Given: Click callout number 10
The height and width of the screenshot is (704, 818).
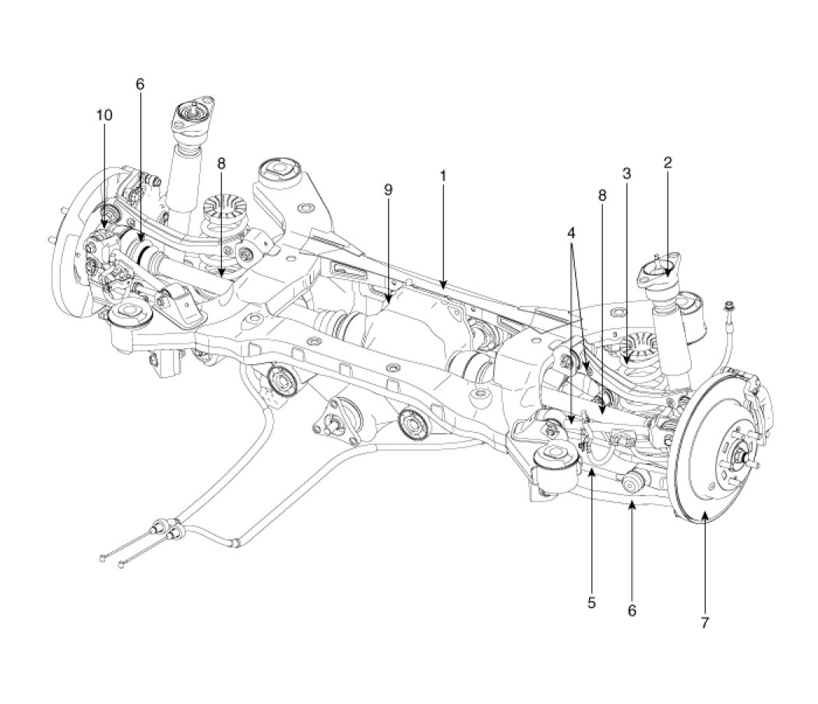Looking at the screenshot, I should click(104, 114).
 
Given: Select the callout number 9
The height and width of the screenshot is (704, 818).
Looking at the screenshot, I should click(387, 189).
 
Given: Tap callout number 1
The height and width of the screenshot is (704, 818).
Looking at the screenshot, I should click(442, 176).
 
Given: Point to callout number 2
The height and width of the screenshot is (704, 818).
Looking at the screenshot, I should click(668, 163).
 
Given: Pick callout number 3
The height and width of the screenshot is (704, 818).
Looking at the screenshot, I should click(626, 174).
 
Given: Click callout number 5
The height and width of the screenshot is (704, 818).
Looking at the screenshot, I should click(591, 602).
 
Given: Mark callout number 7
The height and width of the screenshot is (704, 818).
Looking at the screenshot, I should click(704, 623).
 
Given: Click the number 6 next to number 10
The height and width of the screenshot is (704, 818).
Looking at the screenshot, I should click(140, 84).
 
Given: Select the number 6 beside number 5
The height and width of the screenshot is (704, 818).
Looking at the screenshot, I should click(632, 611).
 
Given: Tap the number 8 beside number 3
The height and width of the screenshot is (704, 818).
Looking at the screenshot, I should click(601, 196).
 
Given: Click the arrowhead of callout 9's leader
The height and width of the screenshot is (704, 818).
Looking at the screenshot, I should click(387, 300).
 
